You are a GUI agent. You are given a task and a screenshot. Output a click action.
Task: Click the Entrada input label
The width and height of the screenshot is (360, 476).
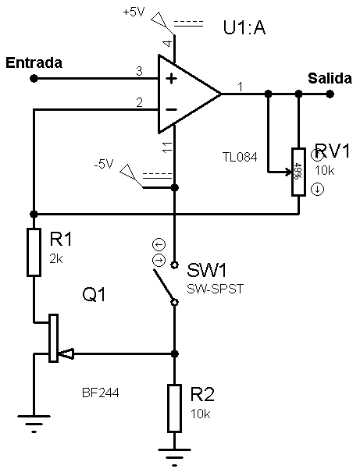34,63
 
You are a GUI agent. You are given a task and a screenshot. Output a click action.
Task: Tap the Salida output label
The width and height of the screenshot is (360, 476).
330,78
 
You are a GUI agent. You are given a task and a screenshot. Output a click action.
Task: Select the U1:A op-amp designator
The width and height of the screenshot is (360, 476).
244,27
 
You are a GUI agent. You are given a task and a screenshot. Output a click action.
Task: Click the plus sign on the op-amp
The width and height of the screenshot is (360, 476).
171,79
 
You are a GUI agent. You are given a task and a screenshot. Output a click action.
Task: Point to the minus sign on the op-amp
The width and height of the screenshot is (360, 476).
172,109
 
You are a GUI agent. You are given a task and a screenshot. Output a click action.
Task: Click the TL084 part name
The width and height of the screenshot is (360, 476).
240,158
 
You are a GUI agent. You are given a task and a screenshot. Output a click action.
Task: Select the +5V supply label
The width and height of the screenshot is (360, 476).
134,12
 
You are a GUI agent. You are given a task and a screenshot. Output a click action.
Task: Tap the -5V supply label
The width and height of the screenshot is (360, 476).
104,164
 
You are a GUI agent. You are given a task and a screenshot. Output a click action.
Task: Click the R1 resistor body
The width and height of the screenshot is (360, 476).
34,253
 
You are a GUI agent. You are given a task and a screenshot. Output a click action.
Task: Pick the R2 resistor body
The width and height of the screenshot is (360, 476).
174,408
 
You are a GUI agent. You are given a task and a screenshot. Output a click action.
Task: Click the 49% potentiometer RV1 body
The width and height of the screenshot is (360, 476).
298,172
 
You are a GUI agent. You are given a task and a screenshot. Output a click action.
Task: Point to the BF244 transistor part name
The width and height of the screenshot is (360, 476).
101,393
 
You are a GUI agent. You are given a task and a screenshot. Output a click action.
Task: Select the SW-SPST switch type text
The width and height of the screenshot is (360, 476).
215,289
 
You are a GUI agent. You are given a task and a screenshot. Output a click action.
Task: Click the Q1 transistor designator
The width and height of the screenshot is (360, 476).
94,294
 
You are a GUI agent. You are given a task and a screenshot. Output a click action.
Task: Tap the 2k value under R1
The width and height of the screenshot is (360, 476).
56,259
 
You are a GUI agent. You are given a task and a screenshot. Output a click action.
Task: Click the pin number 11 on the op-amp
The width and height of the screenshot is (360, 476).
167,147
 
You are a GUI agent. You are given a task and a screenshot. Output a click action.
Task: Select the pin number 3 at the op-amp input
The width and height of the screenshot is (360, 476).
139,71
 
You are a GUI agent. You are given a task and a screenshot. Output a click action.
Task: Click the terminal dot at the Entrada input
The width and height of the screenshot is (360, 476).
34,79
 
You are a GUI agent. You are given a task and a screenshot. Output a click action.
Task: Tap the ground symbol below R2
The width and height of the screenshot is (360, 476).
174,456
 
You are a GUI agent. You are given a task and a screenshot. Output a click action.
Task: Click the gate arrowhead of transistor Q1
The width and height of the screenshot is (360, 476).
66,353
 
